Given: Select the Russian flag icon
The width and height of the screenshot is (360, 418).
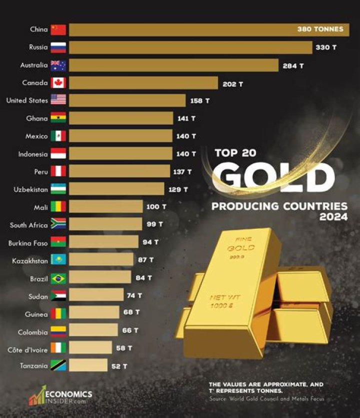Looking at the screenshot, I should [58, 48].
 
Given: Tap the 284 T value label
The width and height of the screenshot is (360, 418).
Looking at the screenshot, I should [292, 66].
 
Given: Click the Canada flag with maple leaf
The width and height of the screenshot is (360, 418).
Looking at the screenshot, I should [58, 83].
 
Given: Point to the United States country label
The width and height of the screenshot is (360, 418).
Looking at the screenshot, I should [27, 101].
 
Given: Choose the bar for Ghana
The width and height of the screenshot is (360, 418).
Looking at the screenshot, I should [120, 118].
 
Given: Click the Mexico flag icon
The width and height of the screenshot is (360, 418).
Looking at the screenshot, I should [58, 136].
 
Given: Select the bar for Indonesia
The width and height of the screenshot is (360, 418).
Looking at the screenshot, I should [120, 154].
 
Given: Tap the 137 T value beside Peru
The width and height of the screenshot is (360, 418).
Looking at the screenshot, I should [182, 172].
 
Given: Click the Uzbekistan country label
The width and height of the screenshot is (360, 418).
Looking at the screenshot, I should [31, 189].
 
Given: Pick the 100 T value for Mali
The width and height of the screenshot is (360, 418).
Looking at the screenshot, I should [156, 207].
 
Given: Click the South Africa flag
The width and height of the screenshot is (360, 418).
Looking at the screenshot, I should [58, 224].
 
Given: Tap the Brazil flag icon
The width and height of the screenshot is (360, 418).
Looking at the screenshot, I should [58, 278].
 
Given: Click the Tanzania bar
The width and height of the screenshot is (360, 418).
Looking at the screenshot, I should [88, 365].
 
